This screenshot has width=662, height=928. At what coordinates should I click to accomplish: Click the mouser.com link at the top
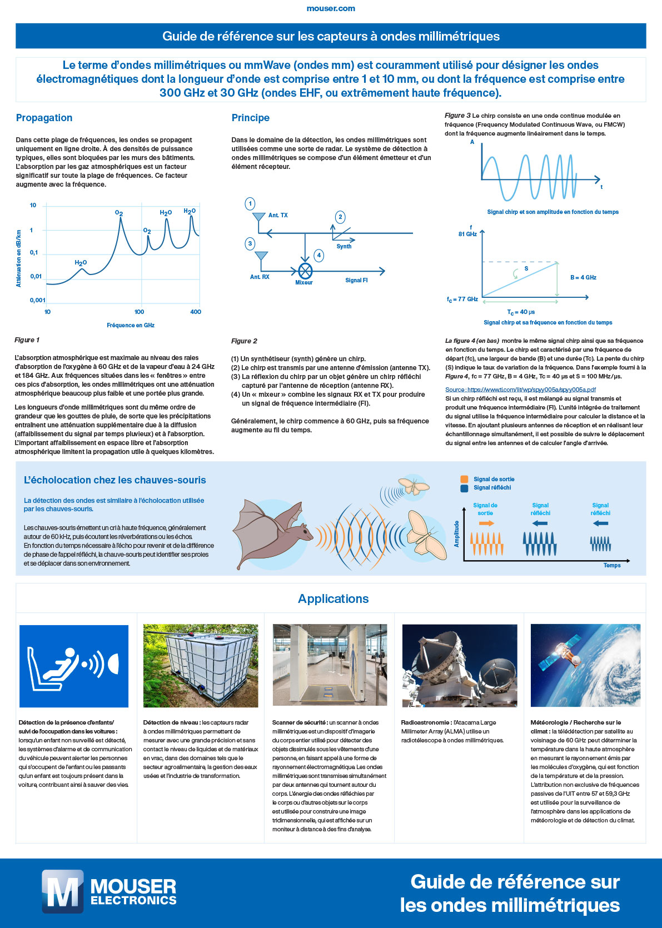click(x=331, y=8)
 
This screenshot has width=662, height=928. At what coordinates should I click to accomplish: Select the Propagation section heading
click(x=44, y=118)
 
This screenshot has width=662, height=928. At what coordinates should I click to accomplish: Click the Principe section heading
click(x=250, y=118)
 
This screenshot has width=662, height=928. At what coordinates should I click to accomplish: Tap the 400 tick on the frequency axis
click(x=196, y=312)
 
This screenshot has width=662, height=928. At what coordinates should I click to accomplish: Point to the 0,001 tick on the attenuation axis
click(x=38, y=300)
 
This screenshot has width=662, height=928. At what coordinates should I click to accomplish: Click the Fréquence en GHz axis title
click(x=131, y=325)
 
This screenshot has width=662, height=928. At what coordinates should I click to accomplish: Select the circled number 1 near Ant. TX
click(x=250, y=204)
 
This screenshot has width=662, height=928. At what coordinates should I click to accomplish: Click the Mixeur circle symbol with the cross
click(x=305, y=271)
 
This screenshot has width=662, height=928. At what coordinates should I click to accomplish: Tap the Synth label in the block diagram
click(x=344, y=246)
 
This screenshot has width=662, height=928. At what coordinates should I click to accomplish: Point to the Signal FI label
click(x=356, y=280)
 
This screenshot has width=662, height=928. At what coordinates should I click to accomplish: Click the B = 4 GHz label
click(x=583, y=277)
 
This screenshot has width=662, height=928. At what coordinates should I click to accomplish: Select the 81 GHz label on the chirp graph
click(x=467, y=234)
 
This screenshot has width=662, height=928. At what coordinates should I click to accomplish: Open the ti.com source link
click(x=520, y=390)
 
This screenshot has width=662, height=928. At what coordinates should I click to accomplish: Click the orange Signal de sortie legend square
click(x=464, y=479)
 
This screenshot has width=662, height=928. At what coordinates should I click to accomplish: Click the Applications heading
click(x=333, y=598)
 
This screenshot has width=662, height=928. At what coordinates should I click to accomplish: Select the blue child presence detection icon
click(x=74, y=666)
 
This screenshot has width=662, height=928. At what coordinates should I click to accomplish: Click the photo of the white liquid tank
click(x=201, y=666)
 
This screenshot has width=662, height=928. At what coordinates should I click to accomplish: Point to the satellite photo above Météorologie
click(x=585, y=666)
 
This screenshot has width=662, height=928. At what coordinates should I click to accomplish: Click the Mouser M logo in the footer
click(x=62, y=891)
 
